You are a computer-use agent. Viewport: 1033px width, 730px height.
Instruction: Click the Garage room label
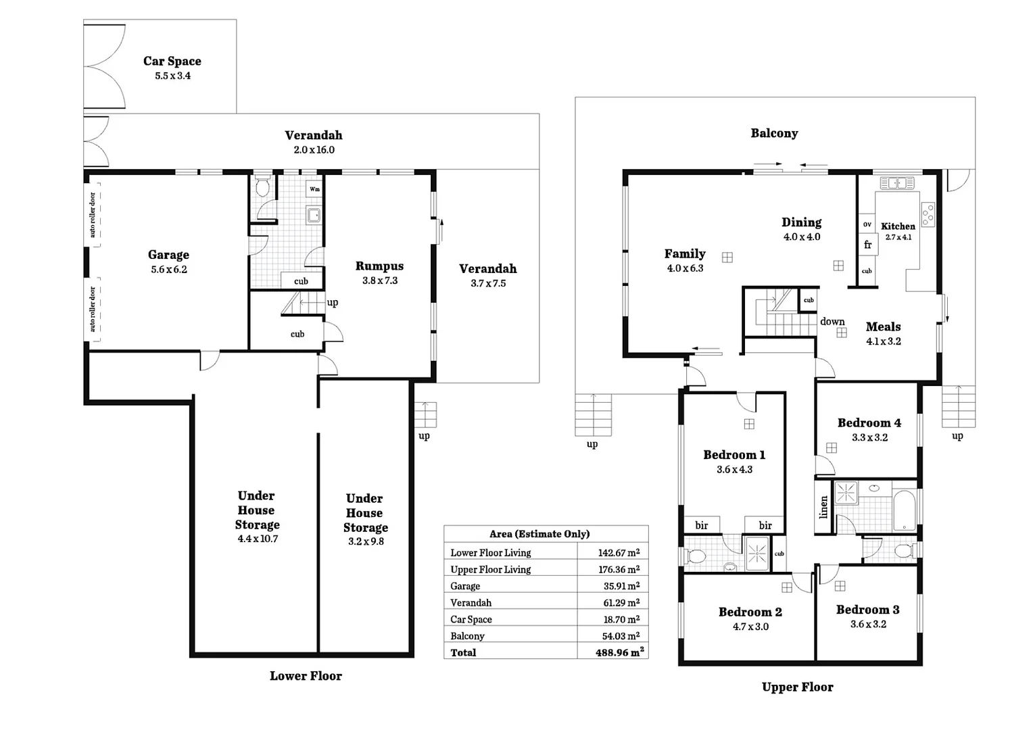point(168,255)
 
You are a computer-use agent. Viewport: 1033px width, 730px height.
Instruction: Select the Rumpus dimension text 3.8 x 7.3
point(379,281)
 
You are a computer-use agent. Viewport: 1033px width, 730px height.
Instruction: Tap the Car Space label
point(172,61)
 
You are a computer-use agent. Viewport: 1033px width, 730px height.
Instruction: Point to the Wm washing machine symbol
point(314,189)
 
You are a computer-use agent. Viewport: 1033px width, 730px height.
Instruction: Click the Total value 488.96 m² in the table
point(619,652)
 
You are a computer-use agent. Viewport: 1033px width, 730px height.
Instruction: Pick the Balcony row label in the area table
point(467,636)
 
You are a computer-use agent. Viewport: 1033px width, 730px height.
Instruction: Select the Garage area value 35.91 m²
point(619,586)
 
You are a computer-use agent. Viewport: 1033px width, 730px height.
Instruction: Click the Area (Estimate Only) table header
point(539,534)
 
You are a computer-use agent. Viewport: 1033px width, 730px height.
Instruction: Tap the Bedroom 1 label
point(734,455)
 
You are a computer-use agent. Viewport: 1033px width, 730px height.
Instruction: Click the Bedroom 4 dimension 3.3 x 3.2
point(869,437)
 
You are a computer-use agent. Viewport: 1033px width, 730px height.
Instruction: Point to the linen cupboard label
point(823,507)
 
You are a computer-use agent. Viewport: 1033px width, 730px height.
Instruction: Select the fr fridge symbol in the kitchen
point(867,245)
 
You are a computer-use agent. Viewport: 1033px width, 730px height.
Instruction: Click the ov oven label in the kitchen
point(867,224)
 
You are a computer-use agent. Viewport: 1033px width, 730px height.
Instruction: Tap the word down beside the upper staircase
point(832,322)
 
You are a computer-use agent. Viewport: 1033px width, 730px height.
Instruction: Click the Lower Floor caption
point(306,676)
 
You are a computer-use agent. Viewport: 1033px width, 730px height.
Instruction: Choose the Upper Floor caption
point(797,687)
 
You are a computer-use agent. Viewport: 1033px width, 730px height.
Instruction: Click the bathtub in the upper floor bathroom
point(904,510)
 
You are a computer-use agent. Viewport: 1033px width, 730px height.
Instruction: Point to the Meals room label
point(883,326)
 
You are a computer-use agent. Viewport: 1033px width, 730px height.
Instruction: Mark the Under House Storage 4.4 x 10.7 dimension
point(258,539)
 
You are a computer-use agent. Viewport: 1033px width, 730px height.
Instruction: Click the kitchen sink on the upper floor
point(897,182)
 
